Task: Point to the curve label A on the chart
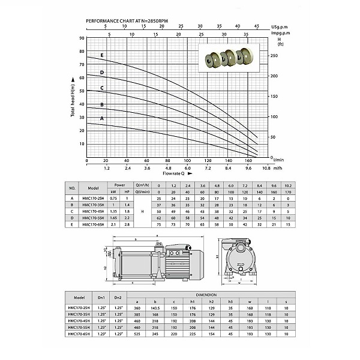101,118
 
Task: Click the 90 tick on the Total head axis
82,38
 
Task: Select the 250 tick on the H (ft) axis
274,56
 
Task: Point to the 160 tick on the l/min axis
248,161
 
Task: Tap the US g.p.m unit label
279,27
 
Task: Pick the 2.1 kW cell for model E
113,224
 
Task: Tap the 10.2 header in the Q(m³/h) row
288,185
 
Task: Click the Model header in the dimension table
77,298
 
